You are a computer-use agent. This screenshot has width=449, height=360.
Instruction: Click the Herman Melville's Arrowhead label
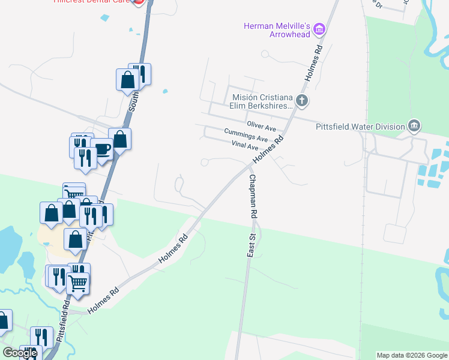[276, 30]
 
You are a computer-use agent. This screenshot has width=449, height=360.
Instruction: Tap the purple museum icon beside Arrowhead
[319, 29]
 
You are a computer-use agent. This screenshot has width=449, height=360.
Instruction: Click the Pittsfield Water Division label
[360, 127]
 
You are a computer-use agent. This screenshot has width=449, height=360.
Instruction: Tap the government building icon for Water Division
[413, 126]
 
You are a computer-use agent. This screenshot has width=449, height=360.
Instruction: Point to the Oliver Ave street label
[261, 128]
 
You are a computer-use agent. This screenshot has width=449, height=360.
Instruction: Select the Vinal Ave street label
[244, 146]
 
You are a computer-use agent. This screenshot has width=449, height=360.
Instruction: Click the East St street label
[252, 246]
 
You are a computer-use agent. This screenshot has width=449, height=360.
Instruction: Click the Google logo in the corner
[20, 353]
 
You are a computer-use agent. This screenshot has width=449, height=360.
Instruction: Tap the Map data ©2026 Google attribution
[411, 355]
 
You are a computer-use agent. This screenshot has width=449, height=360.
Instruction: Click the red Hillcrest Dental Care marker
[138, 2]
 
